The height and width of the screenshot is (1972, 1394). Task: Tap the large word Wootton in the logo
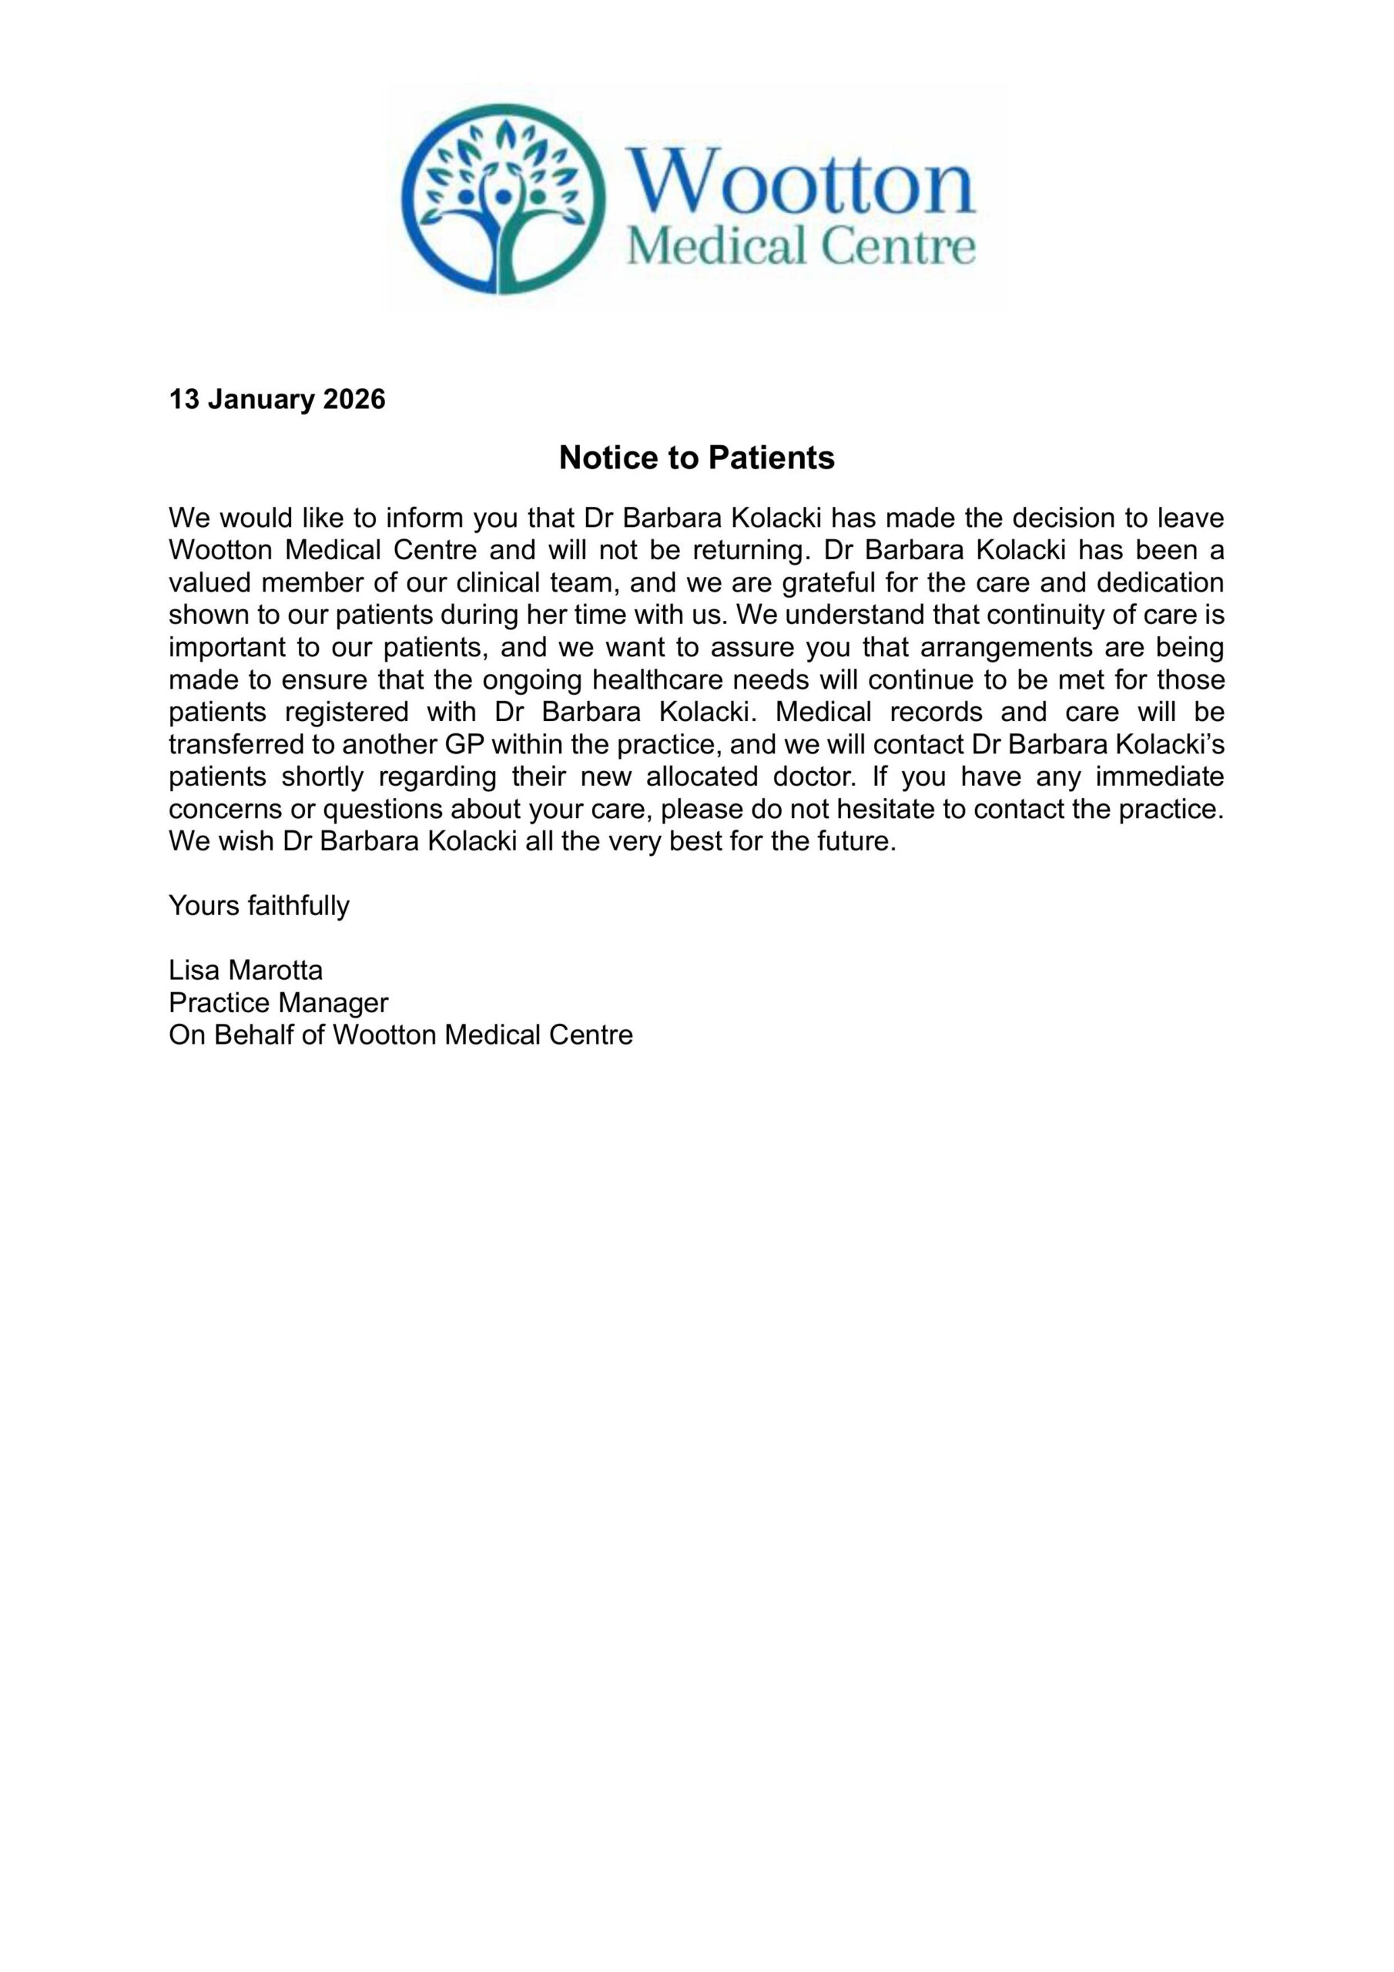click(x=799, y=179)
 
